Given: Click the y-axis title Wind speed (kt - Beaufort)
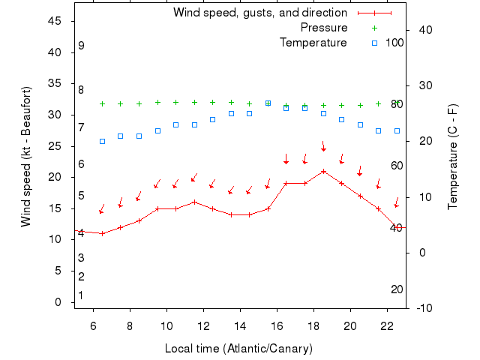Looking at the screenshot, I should pos(26,157).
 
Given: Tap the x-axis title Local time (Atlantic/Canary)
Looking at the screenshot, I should pos(238,349).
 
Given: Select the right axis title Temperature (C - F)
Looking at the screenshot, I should pos(453,157).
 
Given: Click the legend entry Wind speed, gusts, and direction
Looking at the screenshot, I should pos(259,13).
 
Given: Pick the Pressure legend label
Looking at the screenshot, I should pos(323,28).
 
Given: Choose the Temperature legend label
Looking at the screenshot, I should pos(313,43).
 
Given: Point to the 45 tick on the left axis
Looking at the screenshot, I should pos(55,21).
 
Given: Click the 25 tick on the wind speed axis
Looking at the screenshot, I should pos(55,145).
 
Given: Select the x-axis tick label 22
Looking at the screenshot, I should pos(386,326).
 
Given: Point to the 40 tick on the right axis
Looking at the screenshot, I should pos(424,30).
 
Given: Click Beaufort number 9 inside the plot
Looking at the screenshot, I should pos(81,46).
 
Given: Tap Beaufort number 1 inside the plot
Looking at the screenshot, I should pos(81,295).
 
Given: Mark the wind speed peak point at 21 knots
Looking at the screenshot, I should pos(323,171).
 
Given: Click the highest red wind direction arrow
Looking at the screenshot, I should pos(323,145).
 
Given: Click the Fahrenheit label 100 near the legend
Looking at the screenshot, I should pos(394,43).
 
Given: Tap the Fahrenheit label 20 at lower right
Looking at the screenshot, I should pos(397,289).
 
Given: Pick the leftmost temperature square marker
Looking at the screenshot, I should pos(102,141).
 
